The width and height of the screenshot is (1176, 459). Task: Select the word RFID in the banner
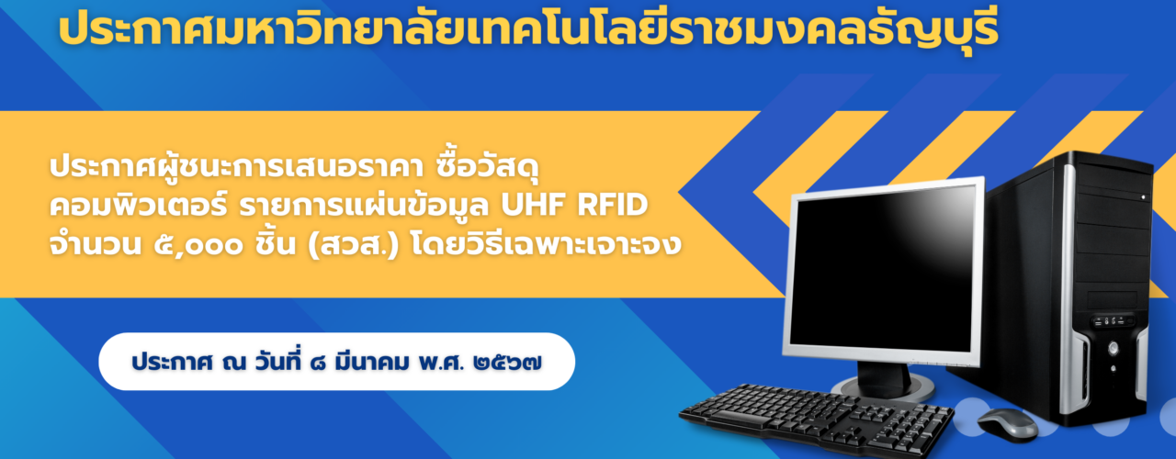(x=612, y=205)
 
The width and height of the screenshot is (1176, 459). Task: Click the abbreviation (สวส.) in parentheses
(x=354, y=245)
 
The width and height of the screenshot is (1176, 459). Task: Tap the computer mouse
(x=1008, y=424)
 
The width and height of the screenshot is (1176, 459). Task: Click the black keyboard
(x=817, y=420)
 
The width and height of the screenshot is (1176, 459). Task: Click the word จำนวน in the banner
(x=96, y=244)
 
